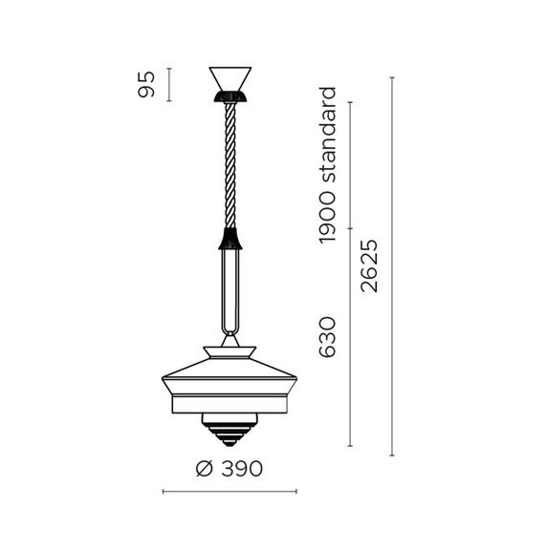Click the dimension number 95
click(x=146, y=84)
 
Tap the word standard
click(x=327, y=135)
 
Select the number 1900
click(x=327, y=217)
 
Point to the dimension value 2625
click(x=369, y=266)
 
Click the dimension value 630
click(x=327, y=337)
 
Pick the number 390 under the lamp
click(x=242, y=469)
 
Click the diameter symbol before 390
click(x=205, y=469)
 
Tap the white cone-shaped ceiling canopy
click(x=230, y=78)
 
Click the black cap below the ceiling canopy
click(x=230, y=96)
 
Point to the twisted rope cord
click(x=230, y=165)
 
